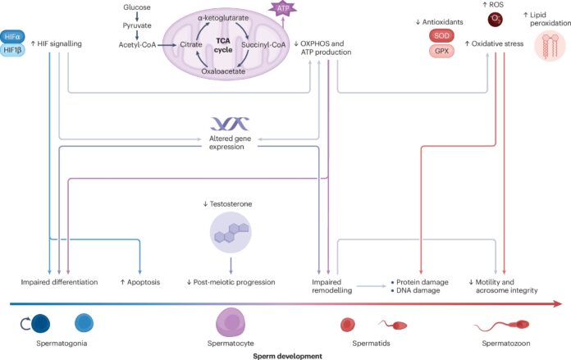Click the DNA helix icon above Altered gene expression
click(x=230, y=124)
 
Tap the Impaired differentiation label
click(x=60, y=282)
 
